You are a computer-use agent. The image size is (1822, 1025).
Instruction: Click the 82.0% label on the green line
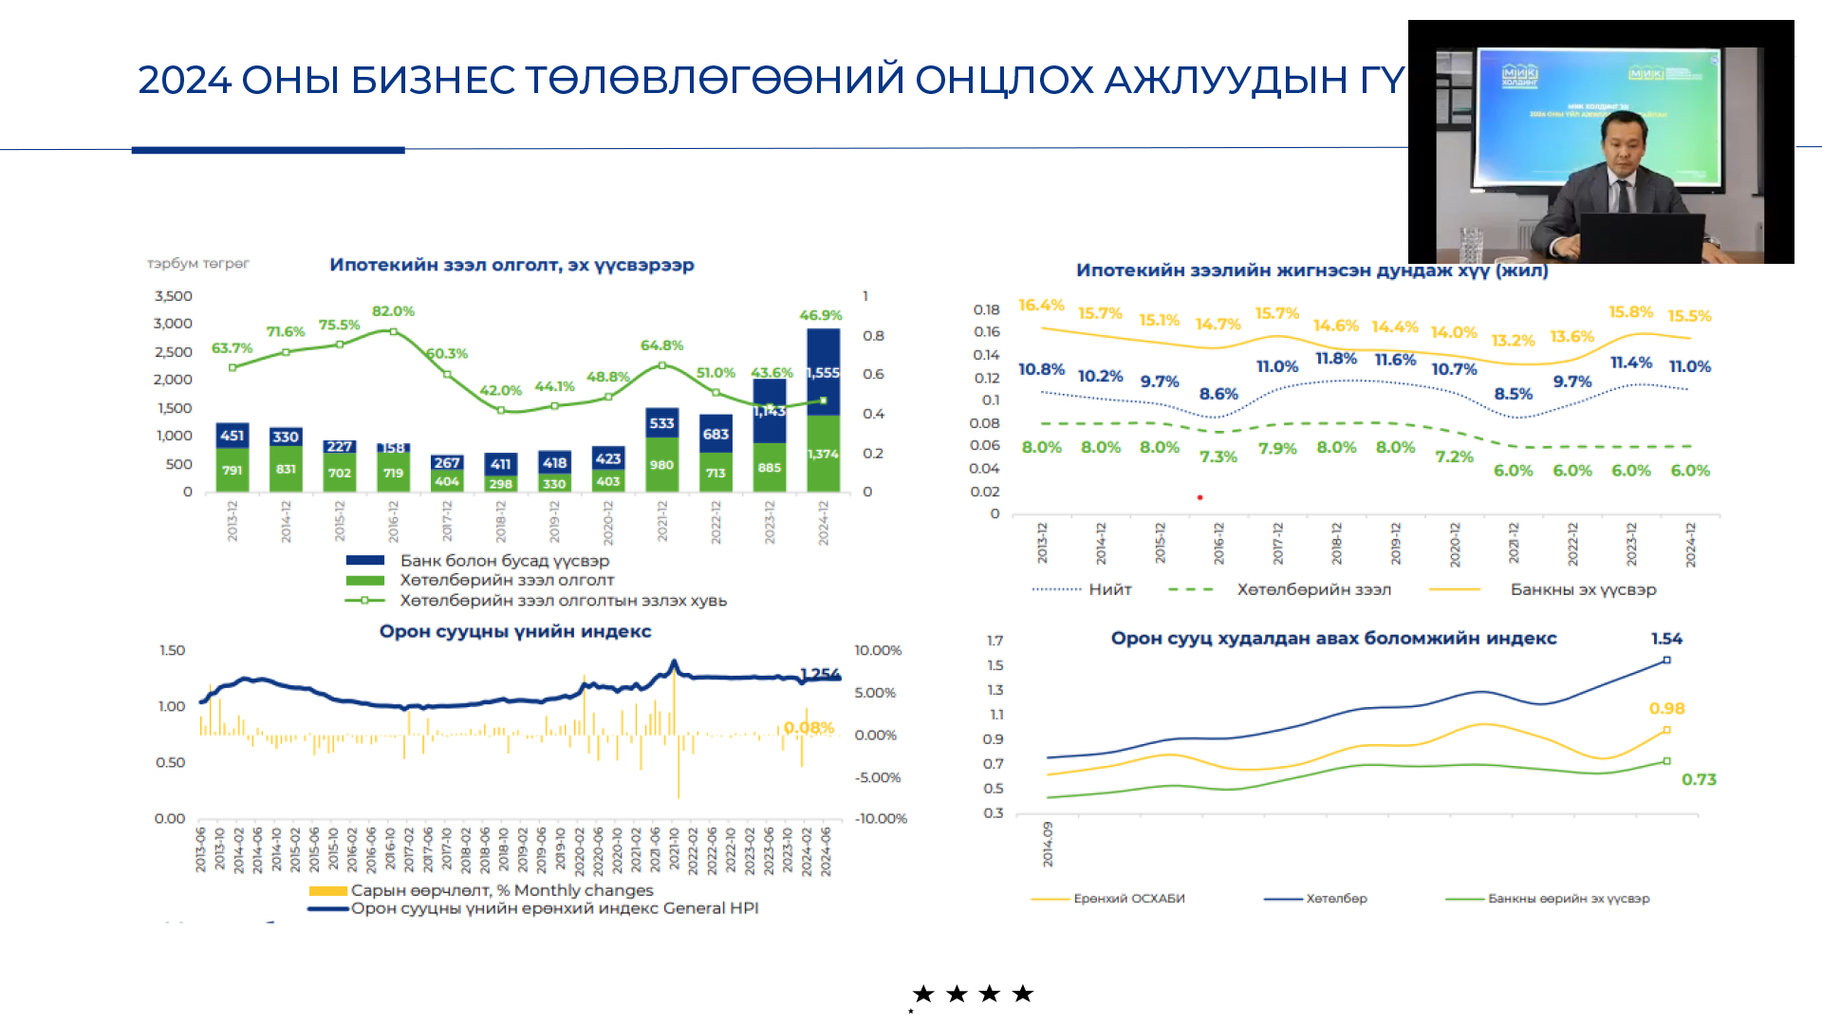(x=393, y=311)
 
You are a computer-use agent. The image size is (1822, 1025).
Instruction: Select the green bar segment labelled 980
(x=661, y=465)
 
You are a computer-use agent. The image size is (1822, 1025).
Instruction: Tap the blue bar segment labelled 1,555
(x=823, y=372)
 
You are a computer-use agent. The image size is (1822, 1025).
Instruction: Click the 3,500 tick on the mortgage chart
(x=173, y=296)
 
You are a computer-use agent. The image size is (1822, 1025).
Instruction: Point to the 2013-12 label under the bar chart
(x=232, y=521)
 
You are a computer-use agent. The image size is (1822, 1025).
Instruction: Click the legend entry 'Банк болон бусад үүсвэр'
(x=504, y=561)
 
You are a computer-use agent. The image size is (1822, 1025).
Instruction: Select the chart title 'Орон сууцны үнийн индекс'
(x=515, y=632)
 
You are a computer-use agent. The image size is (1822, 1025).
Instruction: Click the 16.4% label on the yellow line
(x=1041, y=306)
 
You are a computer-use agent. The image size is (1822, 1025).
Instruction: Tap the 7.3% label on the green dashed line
(x=1218, y=457)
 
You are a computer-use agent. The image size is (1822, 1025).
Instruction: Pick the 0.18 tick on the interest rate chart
(x=986, y=310)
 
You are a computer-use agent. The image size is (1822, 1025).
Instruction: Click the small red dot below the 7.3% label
(x=1199, y=497)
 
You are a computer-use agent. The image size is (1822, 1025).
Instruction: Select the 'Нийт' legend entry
(x=1109, y=589)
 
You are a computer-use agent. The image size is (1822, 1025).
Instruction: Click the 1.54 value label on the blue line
(x=1666, y=639)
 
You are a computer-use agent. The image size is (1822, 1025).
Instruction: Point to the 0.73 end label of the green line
(x=1699, y=779)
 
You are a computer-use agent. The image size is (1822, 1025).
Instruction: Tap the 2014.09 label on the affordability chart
(x=1048, y=844)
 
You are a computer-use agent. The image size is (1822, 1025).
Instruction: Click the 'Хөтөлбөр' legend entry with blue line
(x=1336, y=899)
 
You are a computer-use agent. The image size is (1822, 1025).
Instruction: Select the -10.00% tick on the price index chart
(x=881, y=818)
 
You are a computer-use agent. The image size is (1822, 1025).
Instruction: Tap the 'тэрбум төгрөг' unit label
(x=198, y=264)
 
